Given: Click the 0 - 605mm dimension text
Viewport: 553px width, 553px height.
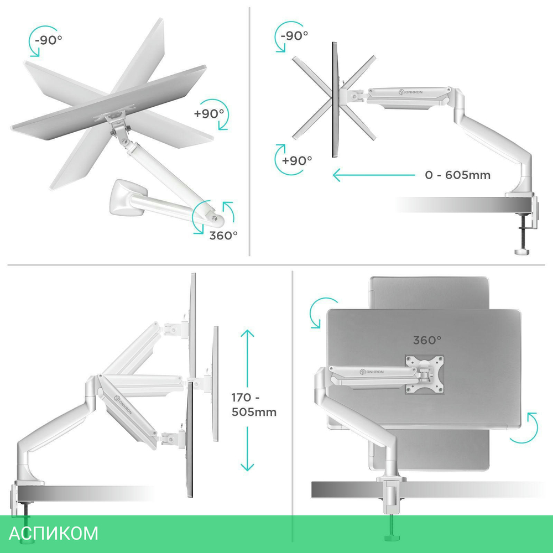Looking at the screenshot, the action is click(457, 175).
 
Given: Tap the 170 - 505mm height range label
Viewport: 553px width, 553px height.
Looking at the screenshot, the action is click(254, 405).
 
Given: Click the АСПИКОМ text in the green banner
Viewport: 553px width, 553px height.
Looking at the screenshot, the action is click(53, 533).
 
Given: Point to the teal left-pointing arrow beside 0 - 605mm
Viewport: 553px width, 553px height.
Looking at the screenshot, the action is click(374, 175).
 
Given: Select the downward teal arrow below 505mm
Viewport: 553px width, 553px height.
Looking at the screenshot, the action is click(247, 448).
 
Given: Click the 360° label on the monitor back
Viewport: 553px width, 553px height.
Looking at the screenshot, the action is click(427, 340).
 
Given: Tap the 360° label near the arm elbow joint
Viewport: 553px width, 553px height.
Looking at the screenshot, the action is click(223, 235).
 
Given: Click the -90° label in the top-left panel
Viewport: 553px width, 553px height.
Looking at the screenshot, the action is click(48, 40).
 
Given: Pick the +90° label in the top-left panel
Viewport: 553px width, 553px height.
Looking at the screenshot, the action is click(209, 113).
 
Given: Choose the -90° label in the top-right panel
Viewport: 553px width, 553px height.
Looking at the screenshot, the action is click(295, 35).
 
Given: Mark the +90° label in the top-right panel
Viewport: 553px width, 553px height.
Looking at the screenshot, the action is click(297, 160).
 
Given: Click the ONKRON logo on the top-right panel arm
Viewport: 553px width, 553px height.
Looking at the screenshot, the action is click(410, 92).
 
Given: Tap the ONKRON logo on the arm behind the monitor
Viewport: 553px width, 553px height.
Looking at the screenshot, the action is click(372, 372).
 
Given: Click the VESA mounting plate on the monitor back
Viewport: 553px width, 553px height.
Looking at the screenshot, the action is click(424, 374).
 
